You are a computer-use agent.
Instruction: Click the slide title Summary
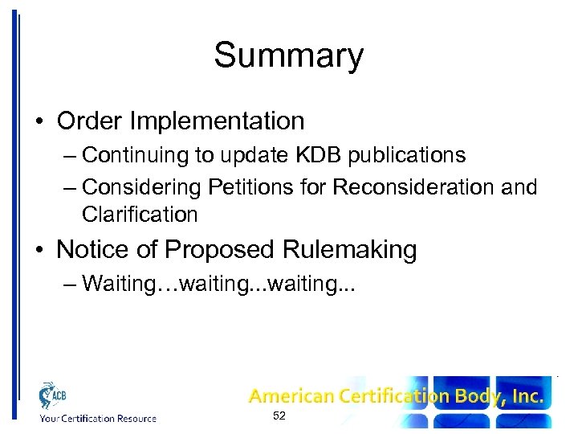(x=288, y=56)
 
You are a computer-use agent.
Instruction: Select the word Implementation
(x=218, y=121)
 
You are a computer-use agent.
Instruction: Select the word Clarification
(x=140, y=215)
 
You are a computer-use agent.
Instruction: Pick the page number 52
(x=279, y=416)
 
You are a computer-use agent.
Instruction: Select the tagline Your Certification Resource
(x=97, y=418)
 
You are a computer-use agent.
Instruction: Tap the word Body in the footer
(x=474, y=396)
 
